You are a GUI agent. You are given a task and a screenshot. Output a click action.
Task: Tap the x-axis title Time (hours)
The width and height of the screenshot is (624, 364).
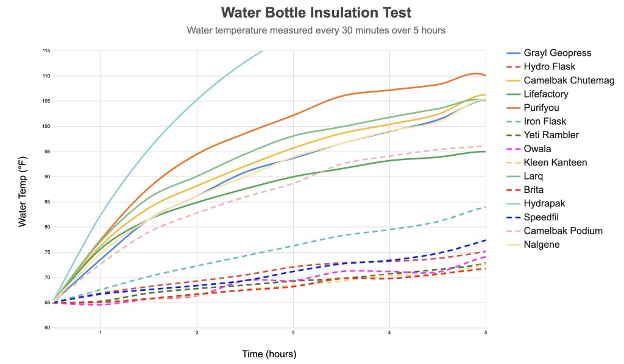pos(269,354)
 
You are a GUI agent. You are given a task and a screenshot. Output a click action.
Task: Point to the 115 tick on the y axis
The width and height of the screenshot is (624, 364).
pos(46,51)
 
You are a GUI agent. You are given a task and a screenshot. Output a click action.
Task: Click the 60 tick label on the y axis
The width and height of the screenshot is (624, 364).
pos(46,328)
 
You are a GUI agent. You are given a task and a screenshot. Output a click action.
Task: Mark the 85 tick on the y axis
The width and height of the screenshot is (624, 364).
pos(46,202)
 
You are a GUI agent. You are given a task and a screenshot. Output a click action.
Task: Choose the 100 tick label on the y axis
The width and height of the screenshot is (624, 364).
pos(46,127)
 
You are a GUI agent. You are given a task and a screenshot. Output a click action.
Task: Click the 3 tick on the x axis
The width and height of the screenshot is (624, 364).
pos(293,333)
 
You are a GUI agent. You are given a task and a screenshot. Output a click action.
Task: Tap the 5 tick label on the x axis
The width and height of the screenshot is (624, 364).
pos(486,333)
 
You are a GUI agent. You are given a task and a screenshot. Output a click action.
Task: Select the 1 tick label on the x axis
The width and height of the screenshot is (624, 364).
pos(101,333)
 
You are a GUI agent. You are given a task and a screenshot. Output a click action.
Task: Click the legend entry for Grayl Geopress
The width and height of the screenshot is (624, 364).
pos(548,53)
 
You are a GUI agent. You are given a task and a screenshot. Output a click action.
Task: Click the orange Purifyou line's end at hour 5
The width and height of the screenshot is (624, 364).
pos(485,75)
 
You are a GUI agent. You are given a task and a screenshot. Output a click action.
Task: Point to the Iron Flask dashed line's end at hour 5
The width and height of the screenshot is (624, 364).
pos(485,207)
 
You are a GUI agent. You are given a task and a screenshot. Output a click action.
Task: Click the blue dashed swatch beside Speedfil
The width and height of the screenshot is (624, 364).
pos(513,217)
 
